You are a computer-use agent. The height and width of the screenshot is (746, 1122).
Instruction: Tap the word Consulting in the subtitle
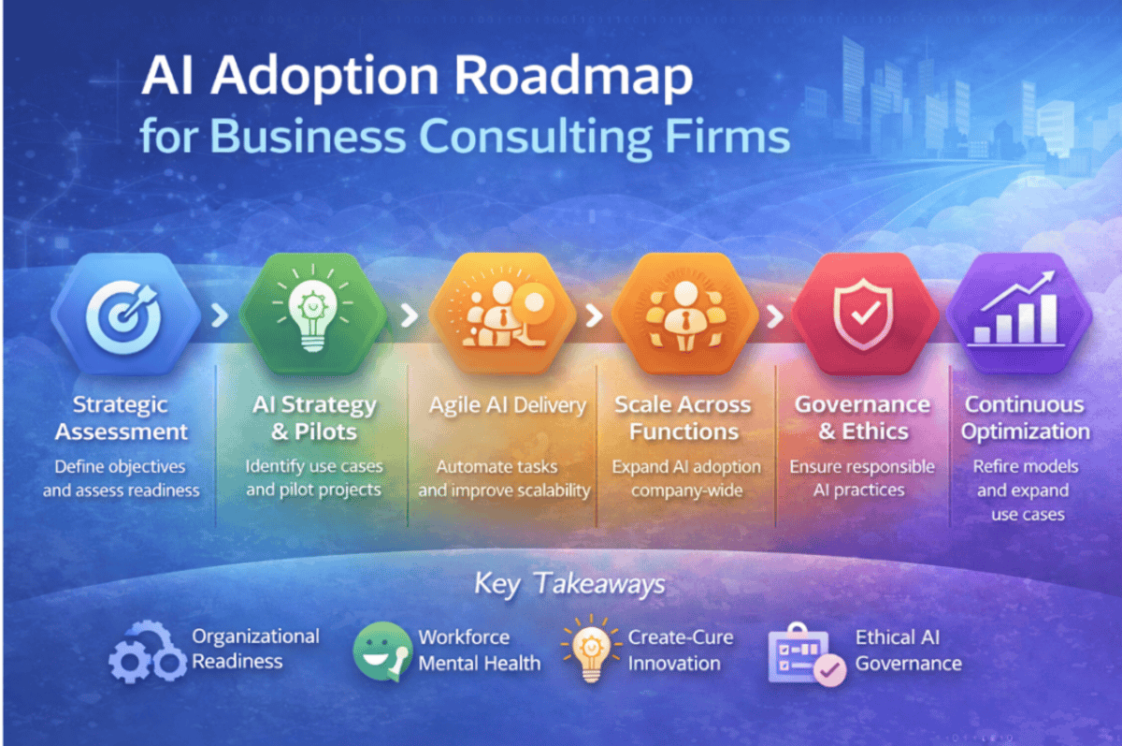[535, 137]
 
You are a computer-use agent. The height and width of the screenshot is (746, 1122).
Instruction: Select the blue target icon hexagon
[125, 314]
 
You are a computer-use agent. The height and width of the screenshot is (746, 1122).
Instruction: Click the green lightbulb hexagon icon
[313, 314]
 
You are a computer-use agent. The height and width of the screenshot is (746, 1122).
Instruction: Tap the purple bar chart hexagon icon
[1019, 314]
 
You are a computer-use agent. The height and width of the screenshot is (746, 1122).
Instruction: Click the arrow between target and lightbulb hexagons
[220, 315]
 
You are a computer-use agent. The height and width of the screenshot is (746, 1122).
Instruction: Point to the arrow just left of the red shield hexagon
[775, 315]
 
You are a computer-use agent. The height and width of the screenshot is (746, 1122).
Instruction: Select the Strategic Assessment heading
[121, 418]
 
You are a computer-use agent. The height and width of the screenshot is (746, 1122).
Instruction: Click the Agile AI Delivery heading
[508, 405]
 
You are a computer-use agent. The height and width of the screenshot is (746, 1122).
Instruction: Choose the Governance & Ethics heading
[863, 418]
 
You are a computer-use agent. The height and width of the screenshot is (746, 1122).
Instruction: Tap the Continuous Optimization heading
[1025, 418]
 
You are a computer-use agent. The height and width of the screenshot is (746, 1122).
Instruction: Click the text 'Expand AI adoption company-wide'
[686, 478]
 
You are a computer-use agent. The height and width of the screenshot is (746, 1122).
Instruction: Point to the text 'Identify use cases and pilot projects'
[313, 477]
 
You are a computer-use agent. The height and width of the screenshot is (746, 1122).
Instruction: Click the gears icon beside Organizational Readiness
[148, 651]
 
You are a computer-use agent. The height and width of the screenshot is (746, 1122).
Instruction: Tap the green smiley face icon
[382, 651]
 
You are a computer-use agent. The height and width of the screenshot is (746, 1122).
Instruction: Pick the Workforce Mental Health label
[480, 651]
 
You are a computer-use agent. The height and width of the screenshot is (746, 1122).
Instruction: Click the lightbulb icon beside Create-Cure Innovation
[592, 649]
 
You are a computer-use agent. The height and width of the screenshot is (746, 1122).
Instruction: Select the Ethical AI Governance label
[908, 651]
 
